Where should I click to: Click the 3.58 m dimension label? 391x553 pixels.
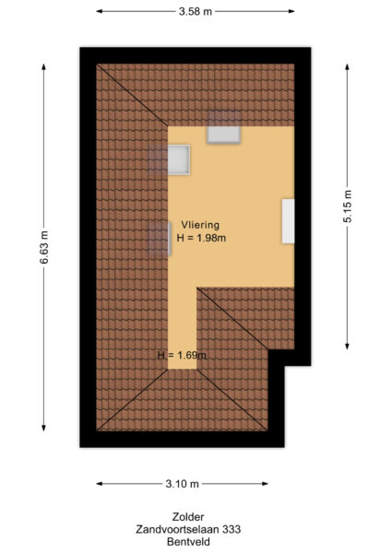tap(195, 11)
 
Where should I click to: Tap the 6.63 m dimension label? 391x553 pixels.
tap(43, 247)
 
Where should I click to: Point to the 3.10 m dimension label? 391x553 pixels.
tap(182, 483)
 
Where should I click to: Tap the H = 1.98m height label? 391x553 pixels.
tap(201, 238)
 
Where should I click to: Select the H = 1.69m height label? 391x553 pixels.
tap(181, 355)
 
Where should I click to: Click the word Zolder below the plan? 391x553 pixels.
tap(188, 517)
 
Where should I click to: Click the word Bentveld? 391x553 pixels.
tap(188, 543)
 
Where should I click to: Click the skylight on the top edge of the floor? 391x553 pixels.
tap(223, 133)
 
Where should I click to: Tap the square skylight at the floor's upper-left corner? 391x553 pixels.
tap(178, 159)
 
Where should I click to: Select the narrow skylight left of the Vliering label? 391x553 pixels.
tap(152, 238)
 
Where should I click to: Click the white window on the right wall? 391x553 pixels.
tap(289, 221)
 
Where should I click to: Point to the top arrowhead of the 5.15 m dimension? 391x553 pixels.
tap(348, 67)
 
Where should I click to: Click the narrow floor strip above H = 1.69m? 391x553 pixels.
tap(183, 323)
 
